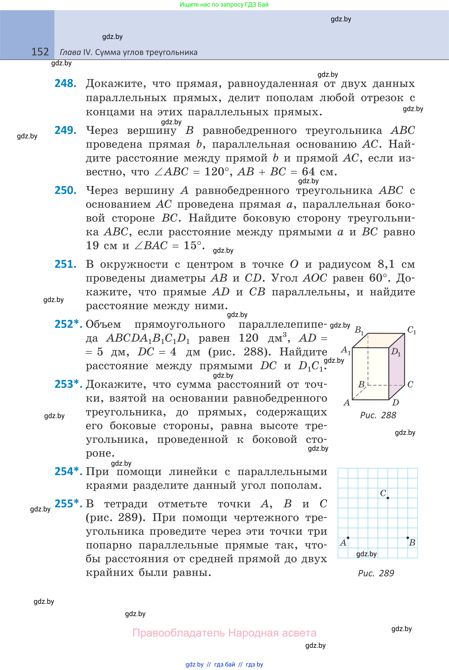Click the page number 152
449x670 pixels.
coord(40,52)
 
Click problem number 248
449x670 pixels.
coord(65,83)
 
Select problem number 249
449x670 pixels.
coord(65,130)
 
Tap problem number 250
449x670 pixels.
coord(65,190)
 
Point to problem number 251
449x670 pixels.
coord(65,264)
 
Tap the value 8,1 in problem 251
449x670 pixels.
coord(386,264)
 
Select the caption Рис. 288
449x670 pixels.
coord(378,415)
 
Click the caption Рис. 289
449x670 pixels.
coord(376,573)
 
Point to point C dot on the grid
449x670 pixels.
coord(388,498)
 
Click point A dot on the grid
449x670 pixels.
coord(348,538)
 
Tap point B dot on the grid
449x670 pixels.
coord(408,538)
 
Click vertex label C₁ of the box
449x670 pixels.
coord(411,330)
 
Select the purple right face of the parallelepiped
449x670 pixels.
coord(397,370)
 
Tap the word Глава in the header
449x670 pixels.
coord(70,52)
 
